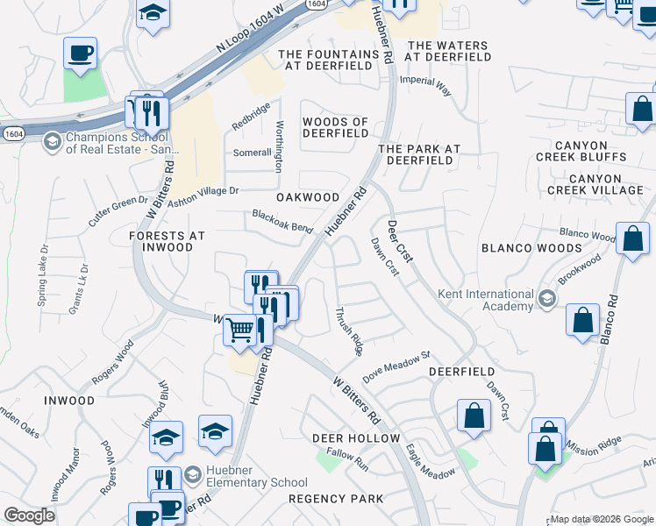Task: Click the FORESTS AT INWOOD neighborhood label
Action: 167,241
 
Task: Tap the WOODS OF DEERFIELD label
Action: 335,128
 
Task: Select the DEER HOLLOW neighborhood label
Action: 356,437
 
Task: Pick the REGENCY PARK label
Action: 336,499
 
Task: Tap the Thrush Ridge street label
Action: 349,331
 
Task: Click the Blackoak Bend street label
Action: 282,221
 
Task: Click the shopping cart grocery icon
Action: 239,331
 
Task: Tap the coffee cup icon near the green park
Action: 80,53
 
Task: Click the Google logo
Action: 29,515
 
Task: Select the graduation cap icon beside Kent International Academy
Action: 546,299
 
